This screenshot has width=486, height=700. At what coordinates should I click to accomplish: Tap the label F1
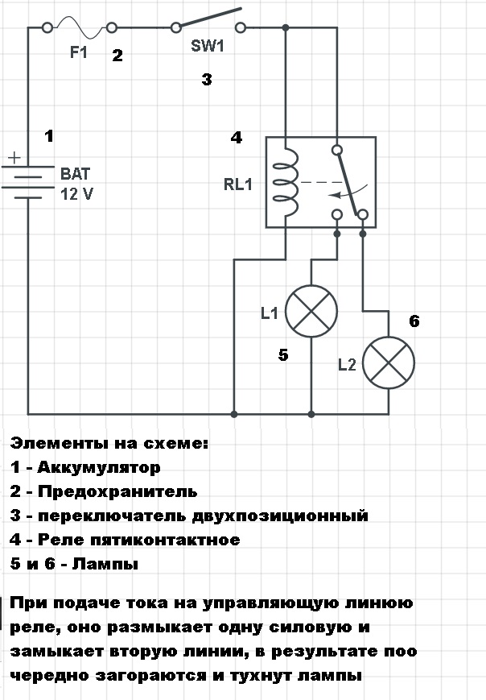point(79,54)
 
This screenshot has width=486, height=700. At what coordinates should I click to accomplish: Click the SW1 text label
point(207,46)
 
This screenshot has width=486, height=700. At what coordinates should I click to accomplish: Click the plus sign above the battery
point(17,159)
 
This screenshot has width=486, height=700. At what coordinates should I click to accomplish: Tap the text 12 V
point(78,193)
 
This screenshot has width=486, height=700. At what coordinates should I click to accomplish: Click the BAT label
point(76,173)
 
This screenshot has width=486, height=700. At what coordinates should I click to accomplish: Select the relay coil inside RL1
point(285,183)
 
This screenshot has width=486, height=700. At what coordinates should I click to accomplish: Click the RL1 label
point(238,184)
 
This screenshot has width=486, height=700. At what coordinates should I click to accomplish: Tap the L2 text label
point(348,365)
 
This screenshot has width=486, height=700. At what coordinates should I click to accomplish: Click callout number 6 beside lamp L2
point(414,322)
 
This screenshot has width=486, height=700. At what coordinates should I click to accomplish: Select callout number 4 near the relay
point(236,138)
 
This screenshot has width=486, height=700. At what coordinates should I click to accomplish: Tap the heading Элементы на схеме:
point(109,443)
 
